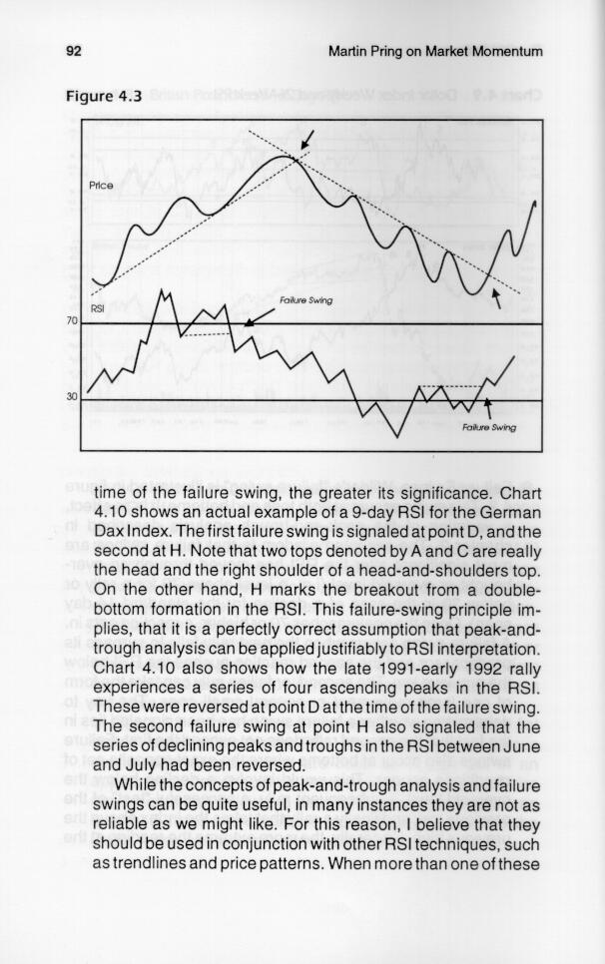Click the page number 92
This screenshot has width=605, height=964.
coord(73,51)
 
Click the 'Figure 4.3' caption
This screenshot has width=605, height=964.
coord(104,97)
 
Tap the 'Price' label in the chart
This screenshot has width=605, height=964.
coord(102,186)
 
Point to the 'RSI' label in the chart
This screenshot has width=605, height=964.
coord(99,308)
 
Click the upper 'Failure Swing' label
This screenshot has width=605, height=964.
coord(306,299)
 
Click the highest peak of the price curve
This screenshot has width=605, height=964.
coord(285,156)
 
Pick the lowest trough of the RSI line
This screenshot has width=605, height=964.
coord(397,436)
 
